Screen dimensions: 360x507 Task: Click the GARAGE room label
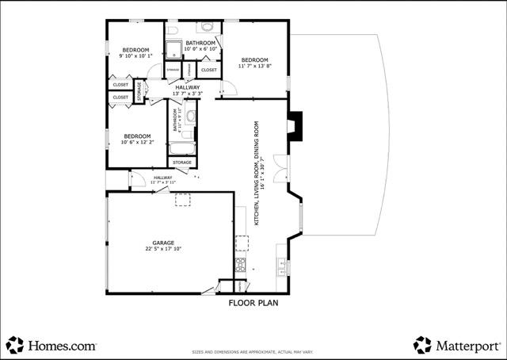pos(163,242)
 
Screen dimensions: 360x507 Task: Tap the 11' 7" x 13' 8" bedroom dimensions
pos(255,67)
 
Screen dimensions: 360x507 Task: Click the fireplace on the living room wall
pos(295,124)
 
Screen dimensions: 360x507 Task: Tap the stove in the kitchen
pos(240,264)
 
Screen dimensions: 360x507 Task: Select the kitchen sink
pos(281,264)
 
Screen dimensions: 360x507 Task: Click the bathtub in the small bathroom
pos(181,148)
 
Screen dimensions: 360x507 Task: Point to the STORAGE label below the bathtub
pos(182,163)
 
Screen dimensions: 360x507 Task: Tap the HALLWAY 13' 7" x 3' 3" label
pos(188,90)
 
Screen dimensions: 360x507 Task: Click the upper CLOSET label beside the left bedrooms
pos(120,85)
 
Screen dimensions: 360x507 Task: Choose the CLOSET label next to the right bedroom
pos(209,70)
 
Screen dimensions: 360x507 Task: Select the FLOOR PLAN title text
pos(253,302)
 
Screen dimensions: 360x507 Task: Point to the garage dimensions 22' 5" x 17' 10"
pos(163,249)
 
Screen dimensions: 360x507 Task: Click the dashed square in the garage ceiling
pos(183,201)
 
